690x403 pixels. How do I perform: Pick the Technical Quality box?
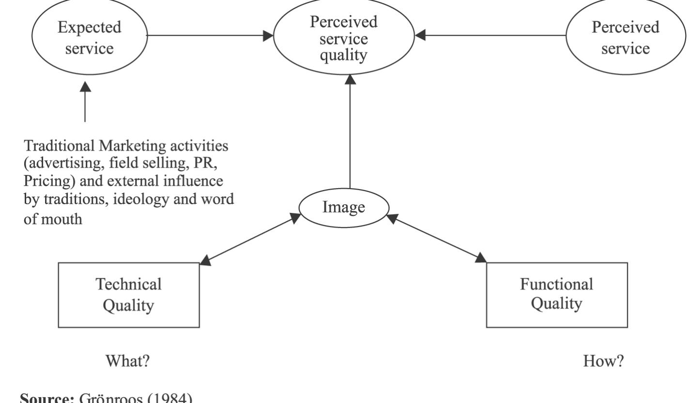click(129, 295)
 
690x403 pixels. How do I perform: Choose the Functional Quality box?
click(556, 295)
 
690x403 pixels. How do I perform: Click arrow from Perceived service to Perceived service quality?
click(491, 35)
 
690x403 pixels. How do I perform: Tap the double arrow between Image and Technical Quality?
click(250, 241)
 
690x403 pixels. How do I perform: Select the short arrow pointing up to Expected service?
click(85, 102)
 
